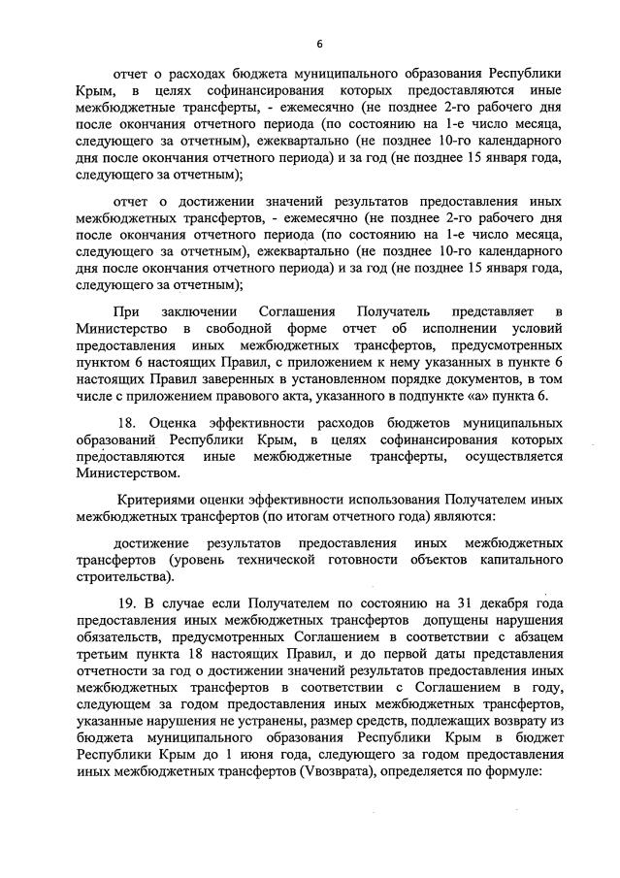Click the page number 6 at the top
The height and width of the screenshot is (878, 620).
(317, 44)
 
